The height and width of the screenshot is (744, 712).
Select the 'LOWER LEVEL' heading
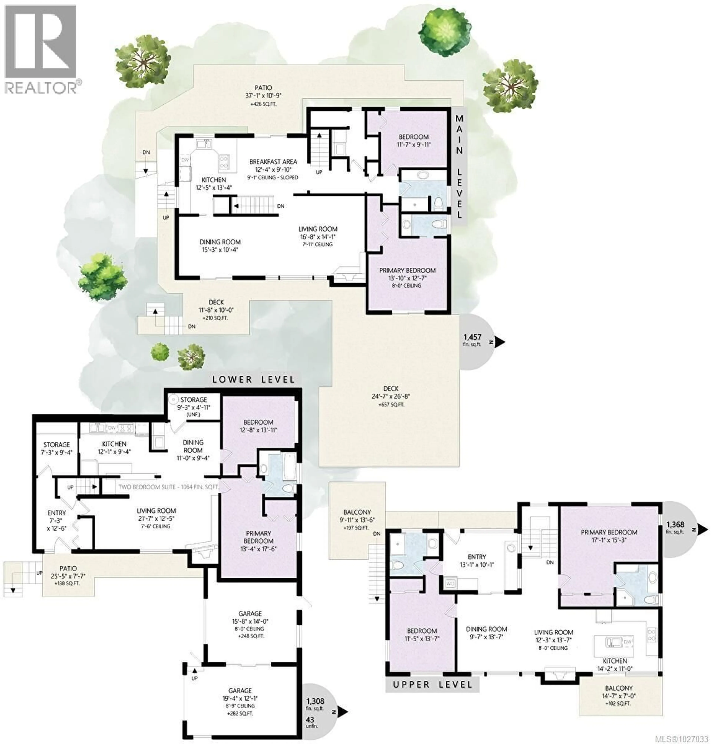click(x=253, y=379)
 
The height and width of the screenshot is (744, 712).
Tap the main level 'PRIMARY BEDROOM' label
click(x=407, y=270)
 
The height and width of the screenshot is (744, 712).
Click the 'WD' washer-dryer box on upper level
click(x=451, y=583)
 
